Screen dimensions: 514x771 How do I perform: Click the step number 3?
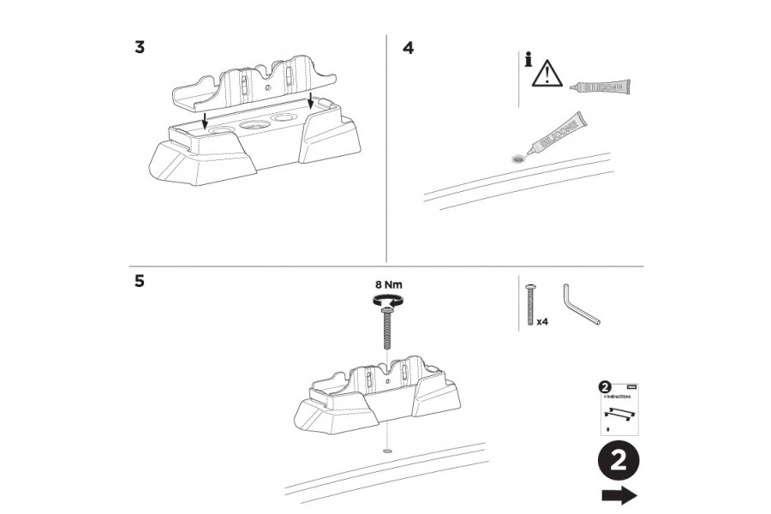coord(140,47)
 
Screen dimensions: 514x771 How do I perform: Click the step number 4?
coord(408,47)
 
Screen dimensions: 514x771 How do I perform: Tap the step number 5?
coord(140,281)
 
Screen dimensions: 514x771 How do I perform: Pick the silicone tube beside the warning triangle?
coord(602,87)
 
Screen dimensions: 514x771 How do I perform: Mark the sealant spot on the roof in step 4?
coord(516,158)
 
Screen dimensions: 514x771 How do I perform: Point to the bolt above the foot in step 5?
coord(385,330)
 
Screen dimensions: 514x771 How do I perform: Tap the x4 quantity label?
coord(541,324)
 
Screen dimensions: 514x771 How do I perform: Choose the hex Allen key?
coord(580,304)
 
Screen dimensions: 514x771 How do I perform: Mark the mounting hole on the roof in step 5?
coord(385,449)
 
